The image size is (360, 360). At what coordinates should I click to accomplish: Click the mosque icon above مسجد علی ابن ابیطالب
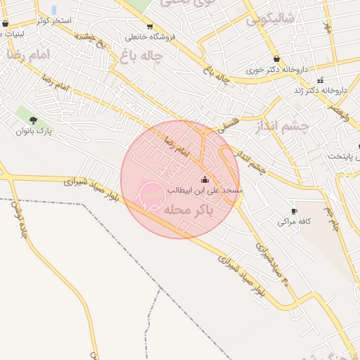click(x=205, y=180)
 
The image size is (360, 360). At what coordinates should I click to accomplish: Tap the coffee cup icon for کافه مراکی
click(x=294, y=211)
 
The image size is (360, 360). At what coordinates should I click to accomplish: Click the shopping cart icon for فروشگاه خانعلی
click(x=149, y=27)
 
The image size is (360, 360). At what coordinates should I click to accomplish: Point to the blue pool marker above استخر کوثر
click(x=54, y=10)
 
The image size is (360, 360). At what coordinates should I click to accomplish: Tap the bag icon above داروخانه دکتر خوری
click(x=276, y=59)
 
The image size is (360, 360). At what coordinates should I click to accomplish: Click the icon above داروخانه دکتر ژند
click(x=320, y=79)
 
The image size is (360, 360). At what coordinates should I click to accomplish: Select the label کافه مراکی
click(x=294, y=221)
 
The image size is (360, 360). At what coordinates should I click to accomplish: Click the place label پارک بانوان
click(x=35, y=131)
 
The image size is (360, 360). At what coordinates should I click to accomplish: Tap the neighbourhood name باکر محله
click(x=188, y=210)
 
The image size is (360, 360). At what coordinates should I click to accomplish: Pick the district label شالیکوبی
click(x=270, y=20)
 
